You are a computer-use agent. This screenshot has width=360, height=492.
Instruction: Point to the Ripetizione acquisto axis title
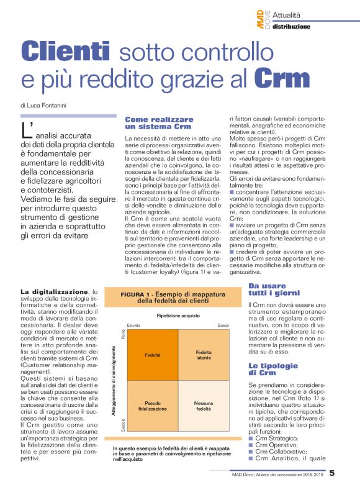pos(178,316)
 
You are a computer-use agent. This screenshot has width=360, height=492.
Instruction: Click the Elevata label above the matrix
pos(133,326)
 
